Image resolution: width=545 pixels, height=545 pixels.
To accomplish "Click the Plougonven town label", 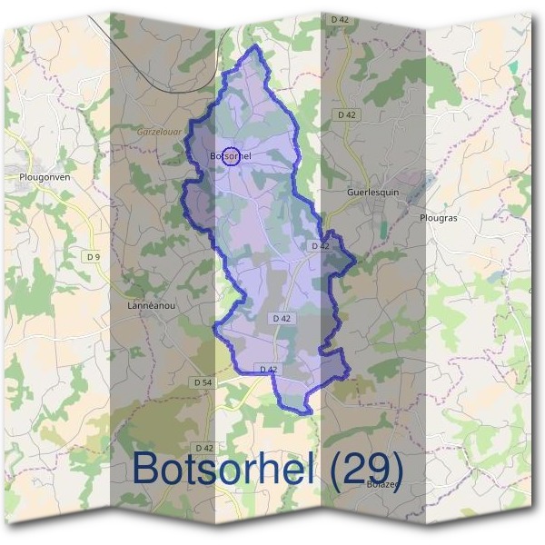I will [x=45, y=178].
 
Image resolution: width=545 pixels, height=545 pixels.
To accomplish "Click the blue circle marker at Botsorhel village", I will [x=231, y=156].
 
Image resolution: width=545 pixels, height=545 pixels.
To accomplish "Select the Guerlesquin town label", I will [x=373, y=193].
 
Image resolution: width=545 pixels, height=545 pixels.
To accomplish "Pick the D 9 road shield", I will [x=93, y=257].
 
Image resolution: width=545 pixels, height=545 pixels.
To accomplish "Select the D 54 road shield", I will [x=203, y=383].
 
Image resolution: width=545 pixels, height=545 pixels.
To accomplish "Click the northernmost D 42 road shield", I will [x=341, y=18].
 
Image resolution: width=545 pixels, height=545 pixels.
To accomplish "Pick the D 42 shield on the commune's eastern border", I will [x=320, y=246].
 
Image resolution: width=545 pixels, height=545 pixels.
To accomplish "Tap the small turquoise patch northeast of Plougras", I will [x=512, y=68].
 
